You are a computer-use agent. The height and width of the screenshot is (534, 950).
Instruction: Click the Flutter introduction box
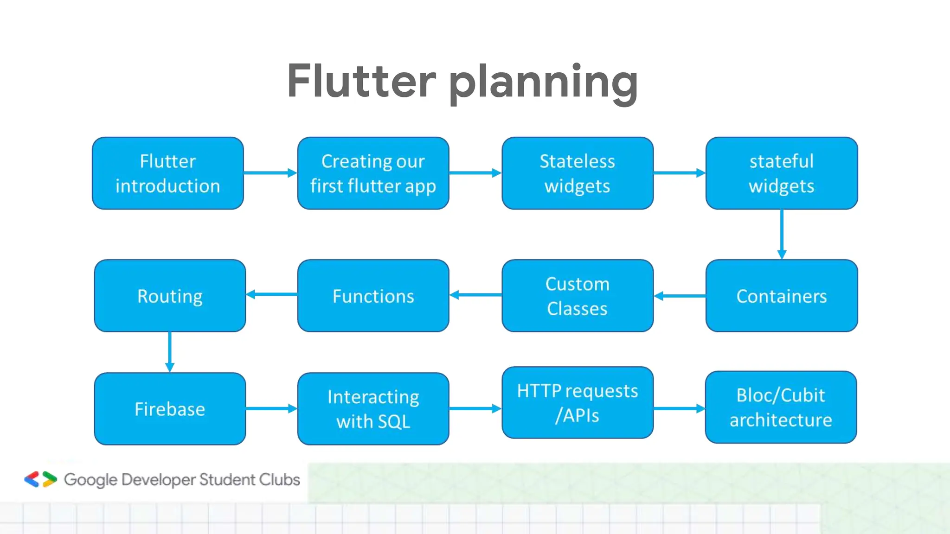pyautogui.click(x=167, y=173)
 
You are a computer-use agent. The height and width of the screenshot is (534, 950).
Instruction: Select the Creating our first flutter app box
pyautogui.click(x=373, y=173)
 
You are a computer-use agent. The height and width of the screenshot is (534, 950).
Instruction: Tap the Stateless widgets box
pyautogui.click(x=577, y=173)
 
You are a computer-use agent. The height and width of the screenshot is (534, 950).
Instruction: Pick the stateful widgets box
pyautogui.click(x=781, y=173)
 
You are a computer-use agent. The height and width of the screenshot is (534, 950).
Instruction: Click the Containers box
pyautogui.click(x=781, y=296)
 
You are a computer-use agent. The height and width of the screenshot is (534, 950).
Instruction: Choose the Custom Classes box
pyautogui.click(x=577, y=296)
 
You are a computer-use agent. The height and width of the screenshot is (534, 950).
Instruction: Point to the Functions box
pyautogui.click(x=373, y=296)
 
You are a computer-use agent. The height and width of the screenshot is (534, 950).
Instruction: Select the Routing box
pyautogui.click(x=170, y=296)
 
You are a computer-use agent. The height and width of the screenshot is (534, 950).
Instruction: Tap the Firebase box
pyautogui.click(x=170, y=409)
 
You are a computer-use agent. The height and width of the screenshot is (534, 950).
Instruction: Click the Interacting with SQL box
pyautogui.click(x=373, y=409)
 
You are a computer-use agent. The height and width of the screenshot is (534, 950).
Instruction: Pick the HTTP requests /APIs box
pyautogui.click(x=577, y=403)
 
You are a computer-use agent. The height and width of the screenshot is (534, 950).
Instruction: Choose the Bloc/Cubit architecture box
pyautogui.click(x=781, y=407)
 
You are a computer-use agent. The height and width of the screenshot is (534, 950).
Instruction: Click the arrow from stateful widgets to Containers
pyautogui.click(x=782, y=234)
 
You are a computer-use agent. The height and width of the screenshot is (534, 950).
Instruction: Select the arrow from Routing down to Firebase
pyautogui.click(x=170, y=352)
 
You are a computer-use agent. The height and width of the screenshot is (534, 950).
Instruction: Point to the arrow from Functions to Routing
pyautogui.click(x=272, y=294)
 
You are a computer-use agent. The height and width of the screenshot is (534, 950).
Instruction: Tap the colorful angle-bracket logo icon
pyautogui.click(x=40, y=479)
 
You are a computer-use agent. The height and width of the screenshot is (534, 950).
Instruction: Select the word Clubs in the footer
pyautogui.click(x=279, y=479)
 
